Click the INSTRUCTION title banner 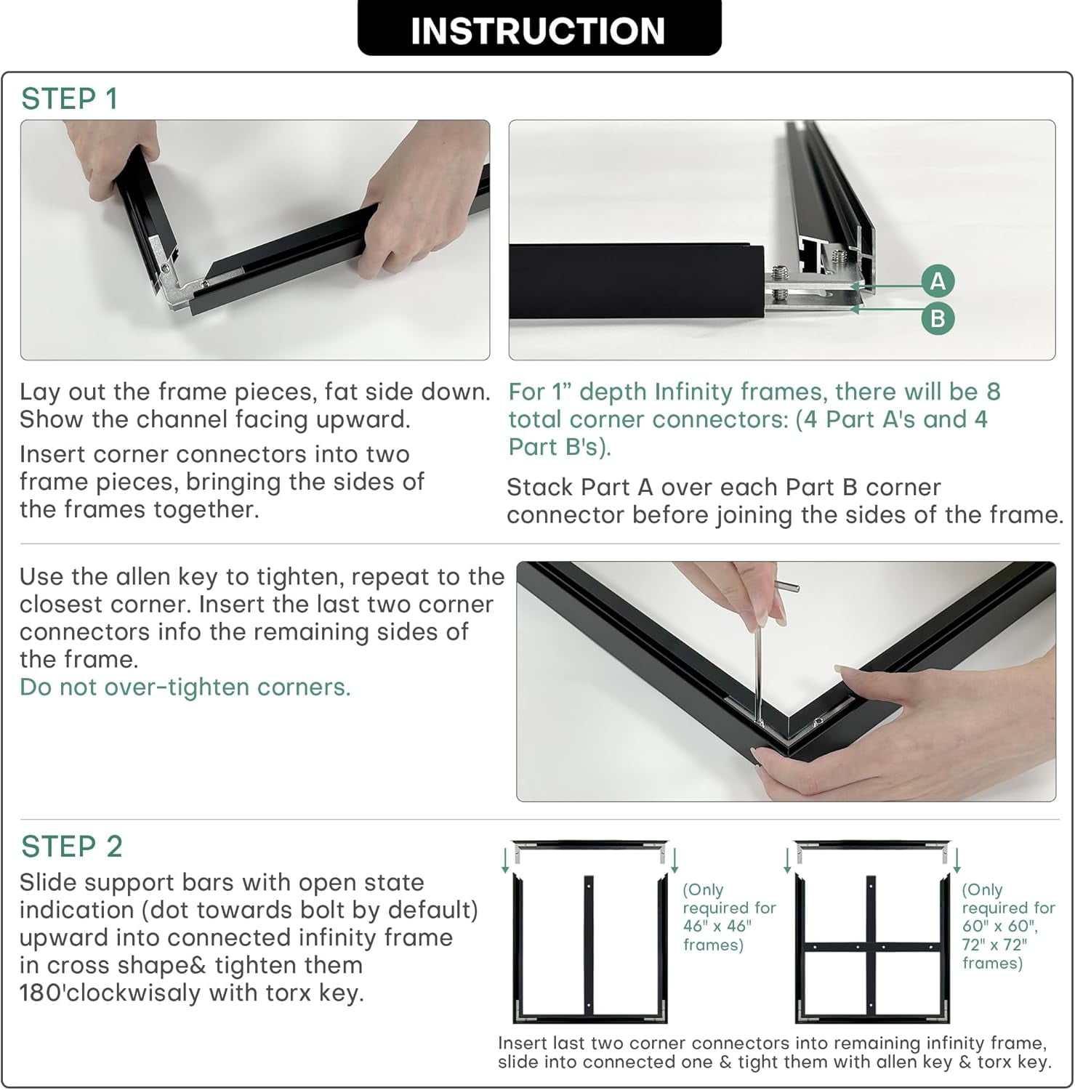[539, 28]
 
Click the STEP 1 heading [69, 99]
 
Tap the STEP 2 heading [71, 847]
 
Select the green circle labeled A [938, 280]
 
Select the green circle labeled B [938, 318]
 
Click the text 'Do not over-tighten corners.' [185, 687]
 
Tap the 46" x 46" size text [717, 926]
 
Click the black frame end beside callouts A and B [637, 280]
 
